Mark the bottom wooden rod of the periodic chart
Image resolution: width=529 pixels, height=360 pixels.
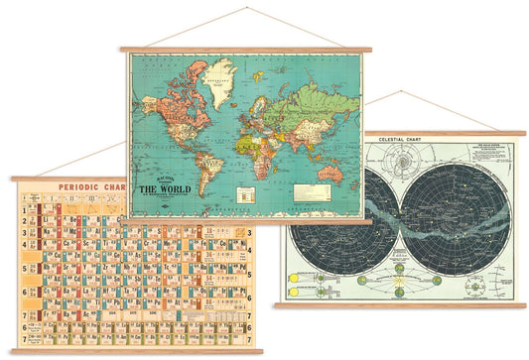coord(136,351)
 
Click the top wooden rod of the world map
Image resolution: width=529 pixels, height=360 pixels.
coord(245,49)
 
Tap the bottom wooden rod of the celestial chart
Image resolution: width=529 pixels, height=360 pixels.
coord(399,304)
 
